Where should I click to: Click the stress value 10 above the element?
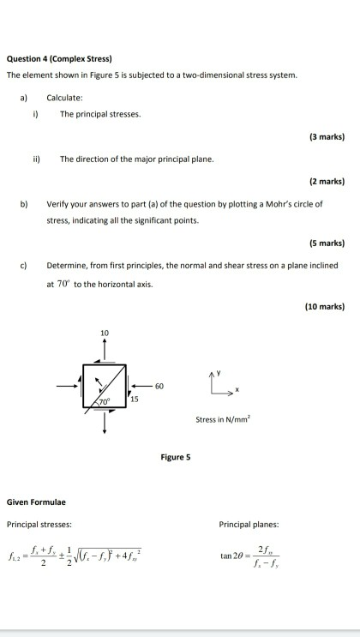click(x=105, y=331)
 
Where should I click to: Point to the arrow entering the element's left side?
click(x=69, y=386)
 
